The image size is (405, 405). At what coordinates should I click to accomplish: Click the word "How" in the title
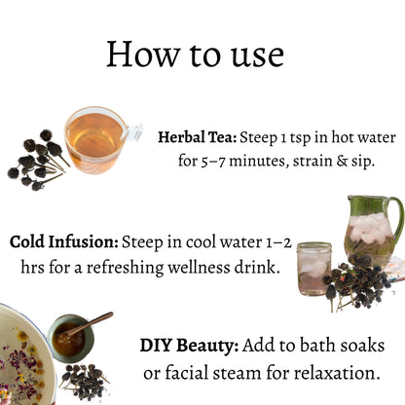point(143,54)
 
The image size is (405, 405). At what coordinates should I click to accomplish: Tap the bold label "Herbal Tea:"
point(198,137)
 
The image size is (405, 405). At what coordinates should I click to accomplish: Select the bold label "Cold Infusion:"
point(64,242)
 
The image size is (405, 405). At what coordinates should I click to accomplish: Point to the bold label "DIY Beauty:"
point(189,346)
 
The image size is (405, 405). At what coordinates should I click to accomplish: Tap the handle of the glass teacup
point(133,132)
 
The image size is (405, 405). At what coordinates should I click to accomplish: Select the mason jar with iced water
point(313,269)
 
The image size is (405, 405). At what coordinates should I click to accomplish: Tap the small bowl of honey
point(70,338)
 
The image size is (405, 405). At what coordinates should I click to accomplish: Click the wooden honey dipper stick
point(90,324)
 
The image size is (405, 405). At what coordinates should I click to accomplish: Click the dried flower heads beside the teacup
point(37,161)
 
